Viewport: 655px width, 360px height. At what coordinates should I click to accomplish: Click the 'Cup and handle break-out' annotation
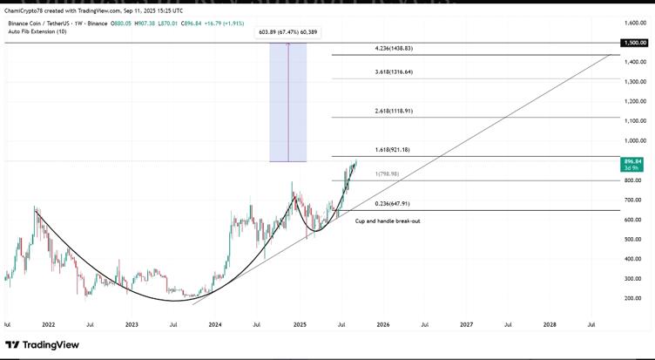[388, 221]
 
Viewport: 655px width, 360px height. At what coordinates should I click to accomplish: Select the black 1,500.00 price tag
[633, 42]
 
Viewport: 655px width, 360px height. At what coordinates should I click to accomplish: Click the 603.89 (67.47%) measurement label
[288, 32]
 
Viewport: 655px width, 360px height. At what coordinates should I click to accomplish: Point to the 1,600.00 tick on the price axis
[633, 23]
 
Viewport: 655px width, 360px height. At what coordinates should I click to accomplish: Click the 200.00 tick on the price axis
[633, 298]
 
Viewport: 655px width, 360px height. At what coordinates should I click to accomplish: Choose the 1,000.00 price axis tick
[633, 140]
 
